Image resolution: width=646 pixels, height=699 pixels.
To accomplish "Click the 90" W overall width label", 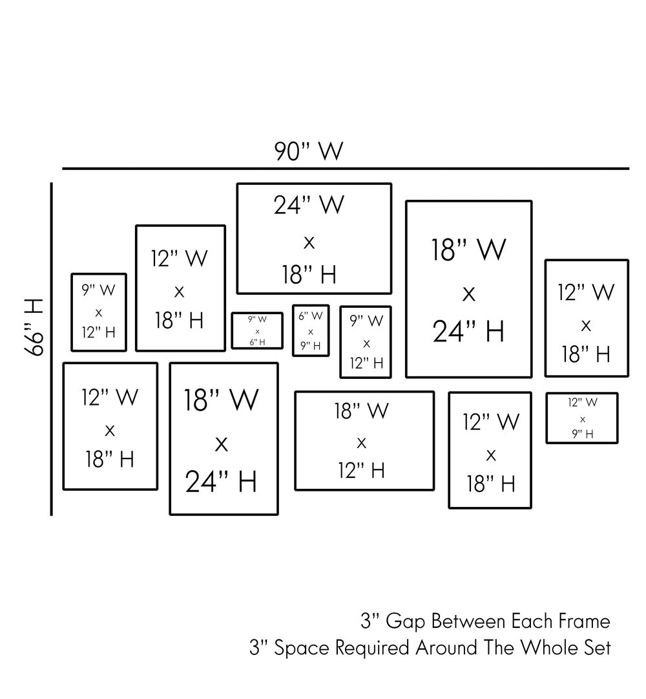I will pos(308,152).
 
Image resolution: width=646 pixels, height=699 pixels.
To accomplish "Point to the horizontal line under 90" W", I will pos(346,169).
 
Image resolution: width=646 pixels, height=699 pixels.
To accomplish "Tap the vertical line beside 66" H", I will pos(52,349).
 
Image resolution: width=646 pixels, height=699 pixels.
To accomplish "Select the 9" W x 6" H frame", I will pos(257,330).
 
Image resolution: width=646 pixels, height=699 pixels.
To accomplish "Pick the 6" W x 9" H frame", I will pos(311,330).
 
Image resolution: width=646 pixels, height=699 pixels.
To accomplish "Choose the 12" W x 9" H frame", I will pos(582,418).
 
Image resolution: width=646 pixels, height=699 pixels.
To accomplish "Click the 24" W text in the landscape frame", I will pos(309,206).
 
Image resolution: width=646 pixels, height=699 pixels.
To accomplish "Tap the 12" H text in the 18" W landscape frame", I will pos(362,470).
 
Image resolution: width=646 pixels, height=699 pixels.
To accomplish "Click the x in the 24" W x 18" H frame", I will pos(309,242).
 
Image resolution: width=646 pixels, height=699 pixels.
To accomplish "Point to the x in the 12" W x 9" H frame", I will pos(583,419).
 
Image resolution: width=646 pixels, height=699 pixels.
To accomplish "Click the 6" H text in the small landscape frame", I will pos(258,342).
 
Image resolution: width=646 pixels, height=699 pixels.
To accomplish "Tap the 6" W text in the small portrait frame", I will pos(311,316).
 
